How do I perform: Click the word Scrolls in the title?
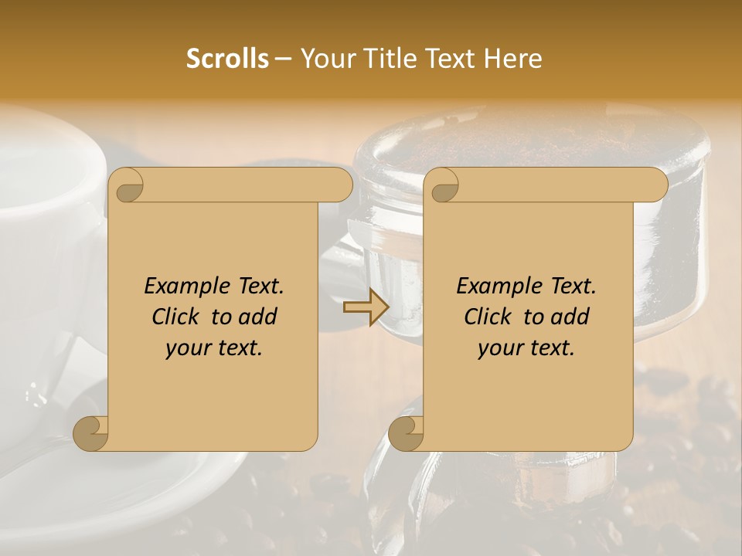click(228, 59)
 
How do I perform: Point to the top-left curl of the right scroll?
click(444, 185)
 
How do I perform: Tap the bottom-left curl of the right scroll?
click(407, 433)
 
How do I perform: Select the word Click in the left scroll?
click(177, 317)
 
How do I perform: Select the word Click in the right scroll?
click(489, 317)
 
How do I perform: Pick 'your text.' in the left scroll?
click(214, 348)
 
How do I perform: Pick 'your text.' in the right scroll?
click(526, 348)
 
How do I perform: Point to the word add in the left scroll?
click(258, 317)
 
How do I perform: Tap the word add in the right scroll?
click(570, 317)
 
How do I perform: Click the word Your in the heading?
click(325, 59)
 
